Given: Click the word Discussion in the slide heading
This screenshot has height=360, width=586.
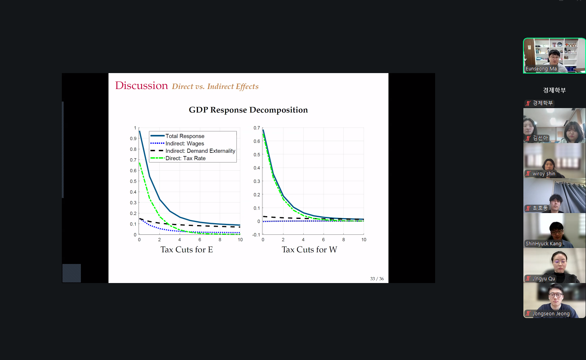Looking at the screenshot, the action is (x=142, y=86).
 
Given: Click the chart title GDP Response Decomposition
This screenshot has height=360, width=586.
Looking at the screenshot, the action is (x=248, y=110).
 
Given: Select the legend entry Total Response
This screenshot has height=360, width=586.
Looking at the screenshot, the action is (x=185, y=136).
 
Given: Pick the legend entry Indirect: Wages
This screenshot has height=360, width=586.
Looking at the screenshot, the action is (x=185, y=143).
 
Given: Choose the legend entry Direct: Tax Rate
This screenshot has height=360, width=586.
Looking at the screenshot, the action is (x=185, y=158).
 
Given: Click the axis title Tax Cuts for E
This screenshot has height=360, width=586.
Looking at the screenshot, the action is (x=187, y=250).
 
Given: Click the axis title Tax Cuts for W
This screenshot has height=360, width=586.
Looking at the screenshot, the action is (x=309, y=250).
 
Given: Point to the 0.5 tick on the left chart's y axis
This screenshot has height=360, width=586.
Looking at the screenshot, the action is (x=133, y=181).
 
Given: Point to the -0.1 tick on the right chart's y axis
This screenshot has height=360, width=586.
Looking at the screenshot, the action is (x=256, y=235).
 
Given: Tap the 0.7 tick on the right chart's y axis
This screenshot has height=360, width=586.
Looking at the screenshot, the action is (x=257, y=128).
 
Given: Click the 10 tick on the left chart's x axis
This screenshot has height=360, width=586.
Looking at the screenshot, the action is (x=240, y=239).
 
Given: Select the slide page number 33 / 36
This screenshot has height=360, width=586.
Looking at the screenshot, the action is (x=377, y=279).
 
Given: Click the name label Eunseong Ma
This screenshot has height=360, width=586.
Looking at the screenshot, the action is (x=541, y=69).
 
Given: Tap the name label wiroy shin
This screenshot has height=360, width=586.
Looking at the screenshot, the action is (x=544, y=174).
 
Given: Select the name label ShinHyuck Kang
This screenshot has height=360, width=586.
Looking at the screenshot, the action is (x=544, y=244).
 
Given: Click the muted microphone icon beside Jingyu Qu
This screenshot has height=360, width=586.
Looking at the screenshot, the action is (x=528, y=279).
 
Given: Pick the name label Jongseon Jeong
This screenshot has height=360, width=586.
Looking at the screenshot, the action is (x=551, y=313).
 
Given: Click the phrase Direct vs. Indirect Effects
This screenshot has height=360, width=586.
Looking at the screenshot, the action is (x=215, y=87).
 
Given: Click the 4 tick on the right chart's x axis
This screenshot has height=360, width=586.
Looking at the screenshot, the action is (x=303, y=239).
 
